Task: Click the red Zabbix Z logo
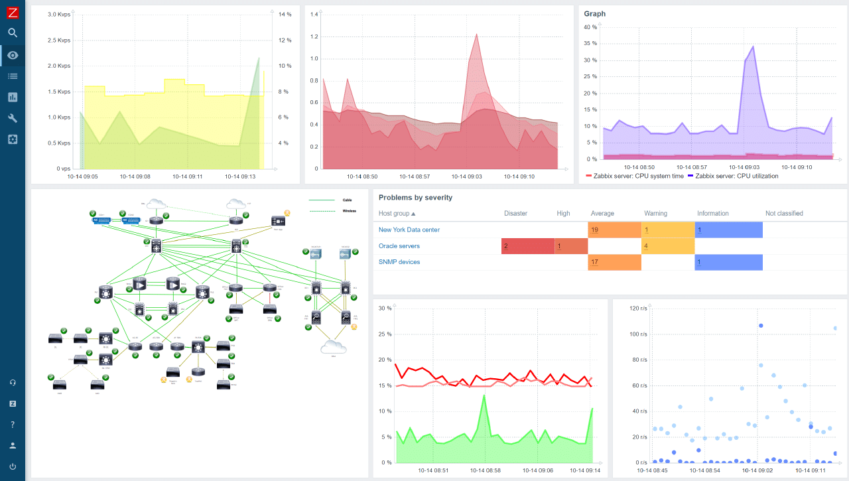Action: click(x=13, y=12)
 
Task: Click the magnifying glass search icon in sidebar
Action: click(x=13, y=33)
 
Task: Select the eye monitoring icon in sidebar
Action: click(x=13, y=55)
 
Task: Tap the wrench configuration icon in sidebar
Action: click(x=13, y=118)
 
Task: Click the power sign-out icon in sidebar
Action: click(x=13, y=466)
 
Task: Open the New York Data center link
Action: click(x=409, y=230)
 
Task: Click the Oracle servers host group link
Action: click(x=399, y=246)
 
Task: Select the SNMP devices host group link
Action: click(x=399, y=262)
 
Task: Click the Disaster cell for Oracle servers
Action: click(x=527, y=246)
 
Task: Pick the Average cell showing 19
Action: click(x=614, y=230)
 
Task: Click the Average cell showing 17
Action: click(x=614, y=262)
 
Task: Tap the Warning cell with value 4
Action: click(x=667, y=246)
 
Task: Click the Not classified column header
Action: click(x=784, y=214)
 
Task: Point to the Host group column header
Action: click(x=397, y=214)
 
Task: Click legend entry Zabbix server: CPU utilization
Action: click(x=736, y=176)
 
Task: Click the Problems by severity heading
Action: click(x=415, y=198)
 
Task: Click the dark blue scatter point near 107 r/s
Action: click(x=761, y=326)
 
